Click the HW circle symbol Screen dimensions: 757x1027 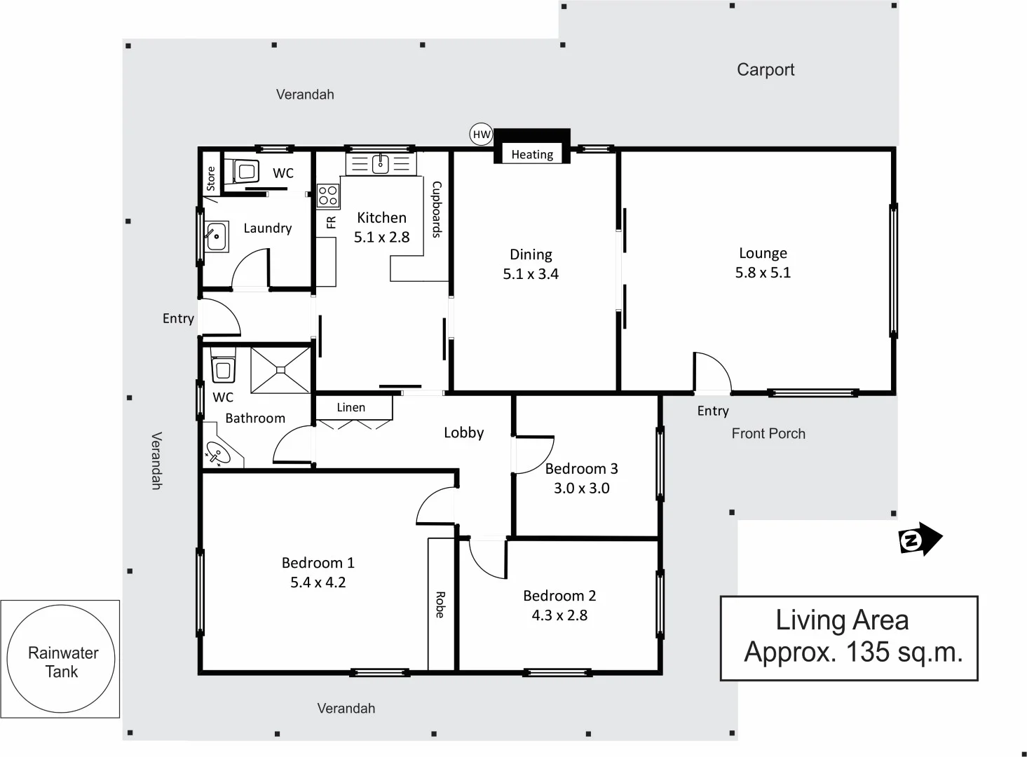coord(481,135)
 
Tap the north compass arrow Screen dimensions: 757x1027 coord(920,540)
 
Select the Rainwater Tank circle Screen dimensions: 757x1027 coord(61,660)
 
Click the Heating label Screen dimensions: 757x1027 coord(532,155)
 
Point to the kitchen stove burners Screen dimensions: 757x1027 coord(327,196)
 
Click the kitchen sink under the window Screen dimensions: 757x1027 coord(381,165)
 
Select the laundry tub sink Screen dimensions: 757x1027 coord(216,236)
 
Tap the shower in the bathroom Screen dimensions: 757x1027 coord(280,369)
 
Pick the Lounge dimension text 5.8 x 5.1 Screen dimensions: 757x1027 coord(763,273)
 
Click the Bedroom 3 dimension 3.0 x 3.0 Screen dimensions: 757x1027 coord(581,489)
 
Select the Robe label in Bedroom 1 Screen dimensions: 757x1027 coord(440,604)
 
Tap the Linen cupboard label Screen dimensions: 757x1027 coord(351,407)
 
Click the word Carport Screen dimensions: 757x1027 coord(766,69)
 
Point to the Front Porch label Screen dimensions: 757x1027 coord(768,433)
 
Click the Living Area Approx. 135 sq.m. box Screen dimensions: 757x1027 coord(849,637)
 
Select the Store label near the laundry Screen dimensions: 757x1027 coord(211,178)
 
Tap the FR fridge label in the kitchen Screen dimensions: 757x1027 coord(332,222)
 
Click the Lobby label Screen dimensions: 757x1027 coord(463,432)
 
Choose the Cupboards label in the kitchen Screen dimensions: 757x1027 coord(436,210)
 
